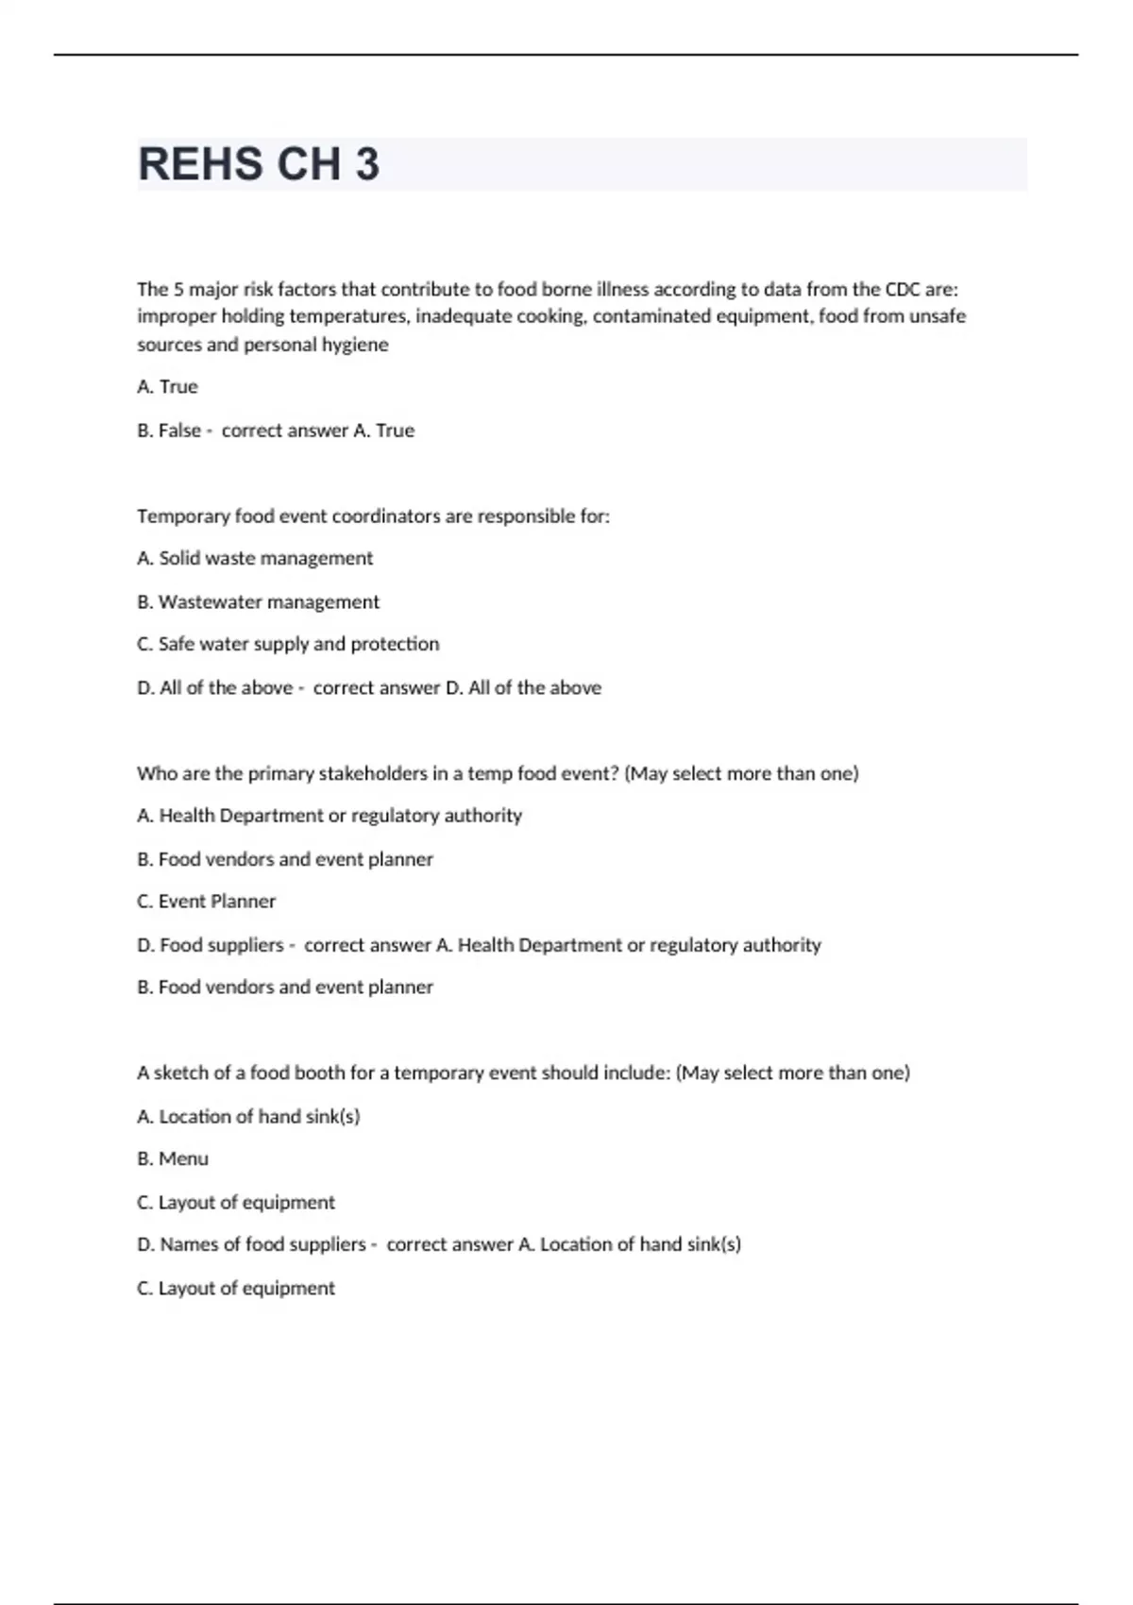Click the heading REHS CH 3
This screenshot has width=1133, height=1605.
(x=259, y=164)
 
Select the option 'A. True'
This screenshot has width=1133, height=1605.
(x=167, y=387)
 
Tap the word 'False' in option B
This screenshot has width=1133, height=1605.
(x=179, y=431)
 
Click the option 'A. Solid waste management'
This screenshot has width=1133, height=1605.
(x=255, y=559)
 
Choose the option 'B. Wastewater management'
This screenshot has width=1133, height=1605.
(x=258, y=602)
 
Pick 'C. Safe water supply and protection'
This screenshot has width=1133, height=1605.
(x=288, y=644)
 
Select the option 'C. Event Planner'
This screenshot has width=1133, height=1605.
(x=206, y=902)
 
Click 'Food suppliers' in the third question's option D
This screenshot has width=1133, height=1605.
(x=221, y=945)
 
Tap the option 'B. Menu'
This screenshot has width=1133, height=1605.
(x=173, y=1158)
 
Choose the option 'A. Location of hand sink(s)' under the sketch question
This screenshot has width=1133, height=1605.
(x=248, y=1117)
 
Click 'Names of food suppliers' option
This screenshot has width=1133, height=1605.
(x=262, y=1244)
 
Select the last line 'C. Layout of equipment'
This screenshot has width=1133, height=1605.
(x=236, y=1288)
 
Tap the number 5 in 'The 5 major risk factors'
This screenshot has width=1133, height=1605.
(x=178, y=289)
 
